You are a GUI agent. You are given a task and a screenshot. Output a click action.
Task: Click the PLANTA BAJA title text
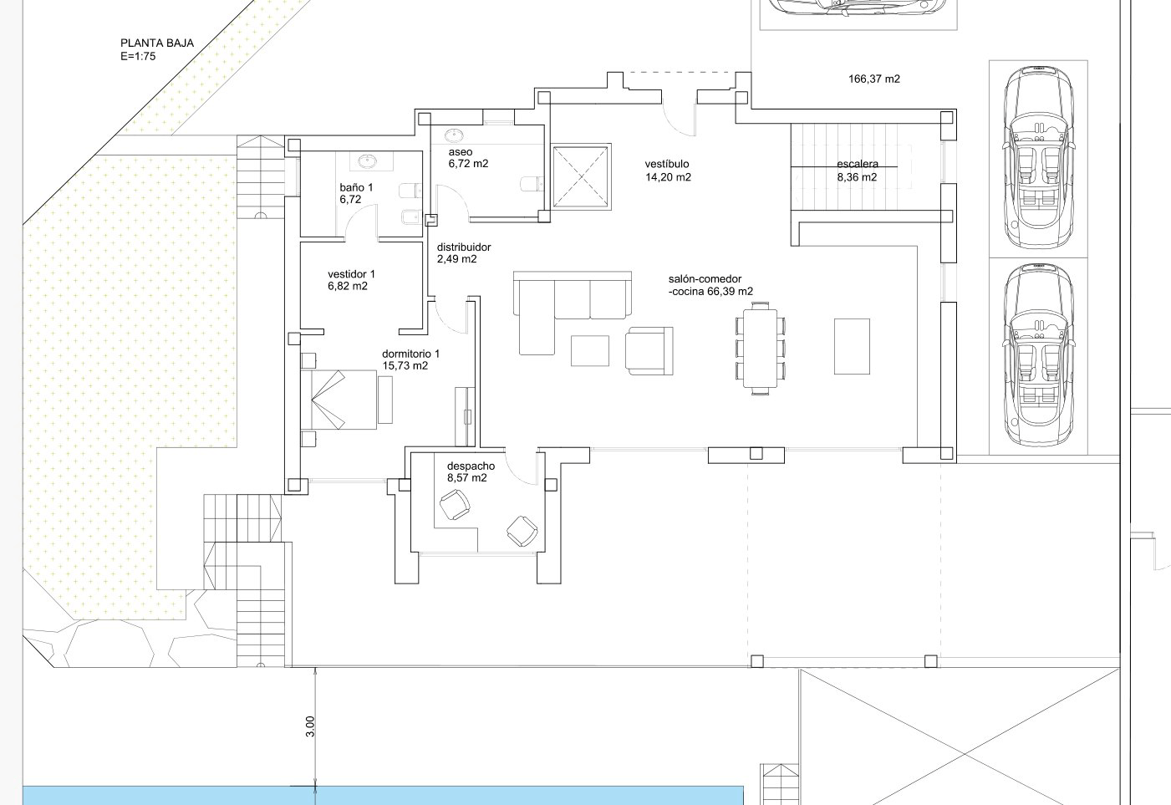(x=157, y=43)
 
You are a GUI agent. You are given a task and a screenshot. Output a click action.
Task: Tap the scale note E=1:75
(x=138, y=57)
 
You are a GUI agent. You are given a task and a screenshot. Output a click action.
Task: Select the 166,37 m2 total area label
(x=874, y=79)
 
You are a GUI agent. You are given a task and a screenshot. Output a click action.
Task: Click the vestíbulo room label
(x=667, y=164)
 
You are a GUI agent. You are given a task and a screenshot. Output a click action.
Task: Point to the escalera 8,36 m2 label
(x=858, y=171)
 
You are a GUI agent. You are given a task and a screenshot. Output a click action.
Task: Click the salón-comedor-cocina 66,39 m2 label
(x=710, y=285)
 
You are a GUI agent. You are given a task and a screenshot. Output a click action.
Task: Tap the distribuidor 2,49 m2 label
(x=464, y=253)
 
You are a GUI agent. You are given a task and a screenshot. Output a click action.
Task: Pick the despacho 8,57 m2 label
(x=471, y=471)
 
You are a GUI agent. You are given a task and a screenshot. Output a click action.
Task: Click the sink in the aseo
(x=453, y=135)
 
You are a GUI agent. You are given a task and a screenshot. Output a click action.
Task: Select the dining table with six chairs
(x=760, y=348)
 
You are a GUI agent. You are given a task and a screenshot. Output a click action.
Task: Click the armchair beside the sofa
(x=649, y=351)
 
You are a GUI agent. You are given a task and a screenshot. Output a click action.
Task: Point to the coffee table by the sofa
(x=590, y=351)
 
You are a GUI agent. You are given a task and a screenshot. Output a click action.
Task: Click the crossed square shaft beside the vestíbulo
(x=581, y=176)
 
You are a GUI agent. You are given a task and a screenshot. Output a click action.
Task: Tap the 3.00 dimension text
(x=310, y=726)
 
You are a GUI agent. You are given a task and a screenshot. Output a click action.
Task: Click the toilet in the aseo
(x=532, y=184)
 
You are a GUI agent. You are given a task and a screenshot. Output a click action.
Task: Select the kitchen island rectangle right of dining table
(x=852, y=346)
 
